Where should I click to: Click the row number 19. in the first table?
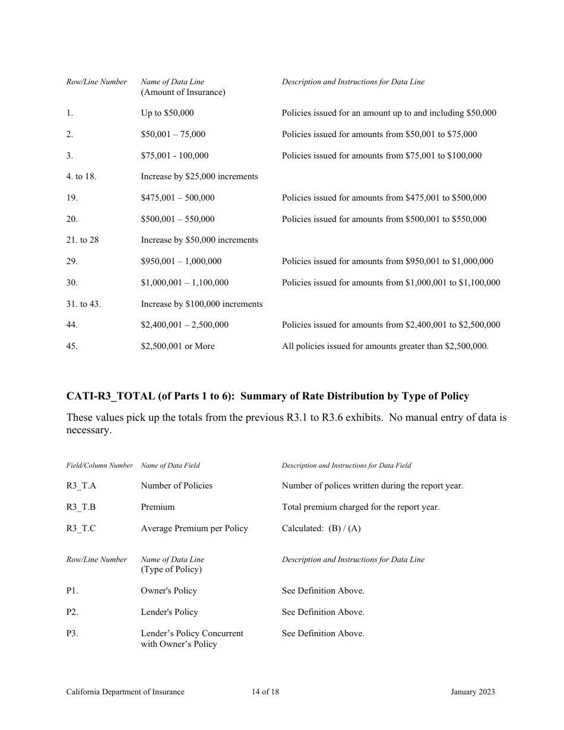(x=72, y=198)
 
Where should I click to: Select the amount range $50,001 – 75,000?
(x=173, y=134)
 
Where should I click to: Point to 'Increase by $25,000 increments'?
(x=199, y=176)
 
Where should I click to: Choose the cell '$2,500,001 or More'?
(x=178, y=346)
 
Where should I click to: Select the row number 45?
(x=72, y=346)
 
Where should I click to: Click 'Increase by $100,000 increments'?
(x=201, y=304)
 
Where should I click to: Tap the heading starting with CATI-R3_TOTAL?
(x=267, y=396)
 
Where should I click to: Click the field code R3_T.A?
(x=81, y=485)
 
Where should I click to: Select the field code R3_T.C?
(x=81, y=528)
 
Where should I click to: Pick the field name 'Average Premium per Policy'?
(x=194, y=528)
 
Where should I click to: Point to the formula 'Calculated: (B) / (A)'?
(x=321, y=528)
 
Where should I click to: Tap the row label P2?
(x=72, y=612)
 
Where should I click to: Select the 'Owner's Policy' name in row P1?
(x=169, y=591)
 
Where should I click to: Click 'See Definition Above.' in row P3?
(x=323, y=633)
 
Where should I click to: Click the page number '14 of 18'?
(x=265, y=691)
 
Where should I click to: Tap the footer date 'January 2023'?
(x=472, y=691)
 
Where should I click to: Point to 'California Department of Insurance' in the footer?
(x=125, y=691)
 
